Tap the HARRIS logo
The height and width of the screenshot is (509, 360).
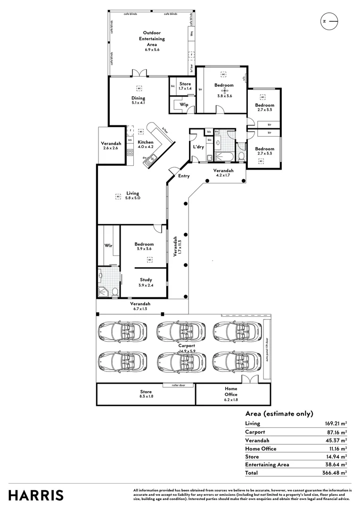pyautogui.click(x=36, y=495)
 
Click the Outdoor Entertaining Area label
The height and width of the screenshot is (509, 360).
pyautogui.click(x=151, y=38)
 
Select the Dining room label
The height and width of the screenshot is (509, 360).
pyautogui.click(x=138, y=98)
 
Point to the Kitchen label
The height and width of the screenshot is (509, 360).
pyautogui.click(x=146, y=142)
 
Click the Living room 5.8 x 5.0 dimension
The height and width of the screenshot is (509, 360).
pyautogui.click(x=133, y=198)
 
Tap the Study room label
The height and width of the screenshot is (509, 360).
pyautogui.click(x=146, y=279)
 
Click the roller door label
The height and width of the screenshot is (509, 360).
pyautogui.click(x=172, y=385)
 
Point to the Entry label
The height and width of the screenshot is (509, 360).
pyautogui.click(x=184, y=176)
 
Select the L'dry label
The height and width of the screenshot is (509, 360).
pyautogui.click(x=198, y=147)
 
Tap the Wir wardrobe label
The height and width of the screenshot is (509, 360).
pyautogui.click(x=107, y=245)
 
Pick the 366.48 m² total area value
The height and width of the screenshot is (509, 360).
pyautogui.click(x=336, y=472)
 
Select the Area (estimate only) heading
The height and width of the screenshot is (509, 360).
pyautogui.click(x=279, y=414)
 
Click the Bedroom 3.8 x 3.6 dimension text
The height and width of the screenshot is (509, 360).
pyautogui.click(x=224, y=96)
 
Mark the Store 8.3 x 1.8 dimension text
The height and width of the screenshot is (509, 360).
pyautogui.click(x=146, y=397)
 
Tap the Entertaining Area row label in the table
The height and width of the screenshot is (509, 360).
pyautogui.click(x=267, y=464)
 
